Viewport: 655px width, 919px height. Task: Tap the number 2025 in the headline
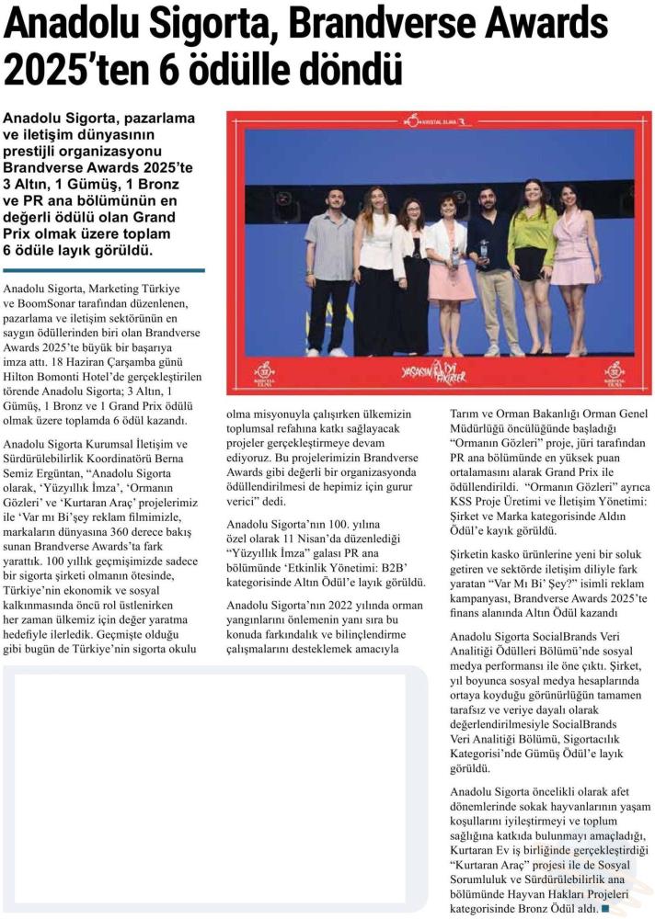(x=46, y=70)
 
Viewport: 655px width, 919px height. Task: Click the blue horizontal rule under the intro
(x=104, y=270)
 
